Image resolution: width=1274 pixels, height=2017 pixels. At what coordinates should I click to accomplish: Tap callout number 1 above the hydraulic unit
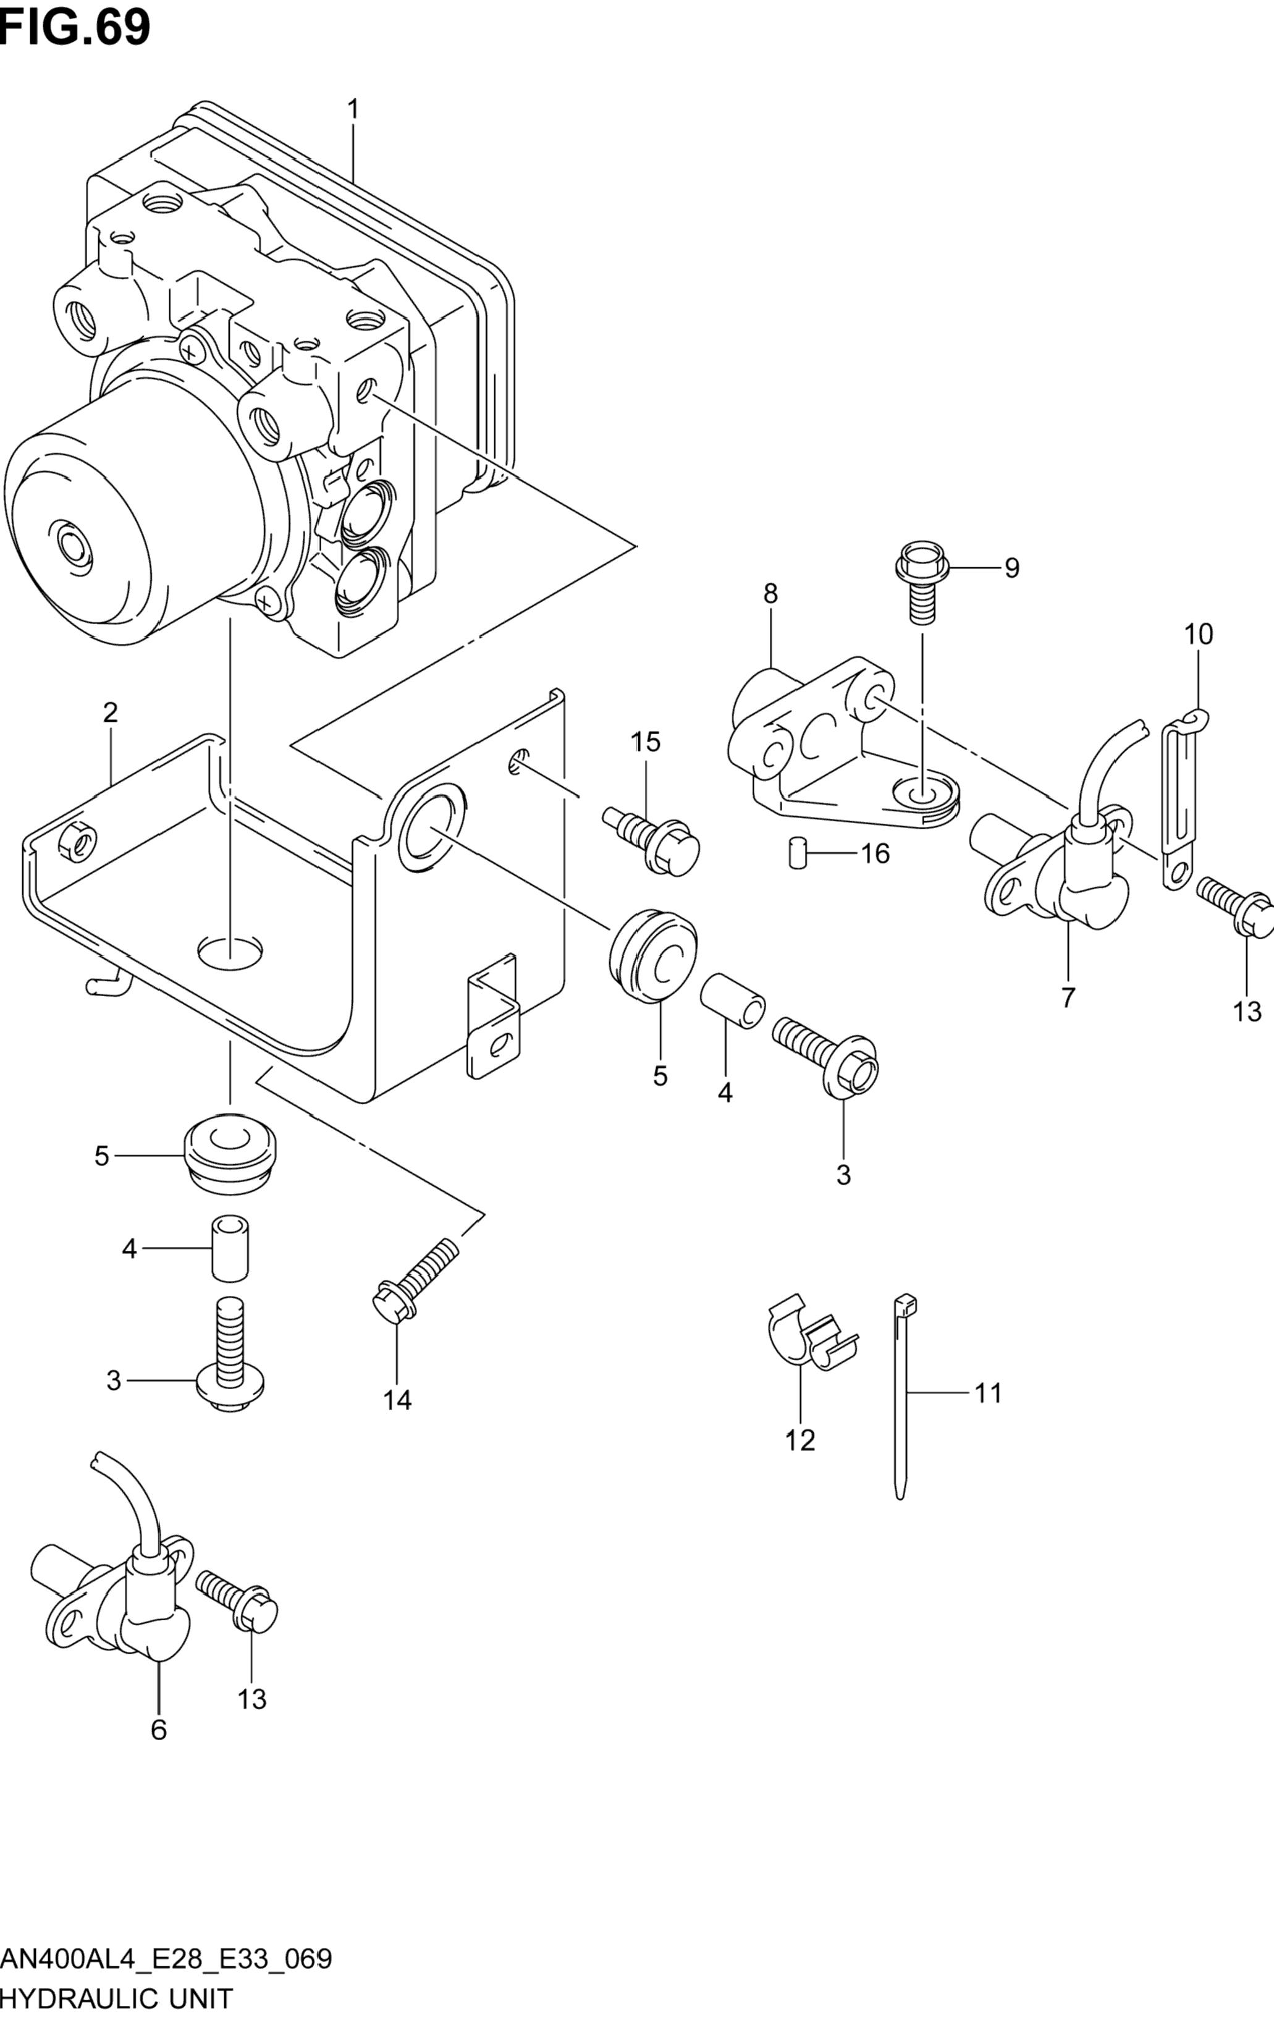(353, 109)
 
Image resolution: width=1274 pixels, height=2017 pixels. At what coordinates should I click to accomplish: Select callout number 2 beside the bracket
(111, 713)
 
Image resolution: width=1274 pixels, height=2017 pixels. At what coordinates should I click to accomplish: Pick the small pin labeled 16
(796, 853)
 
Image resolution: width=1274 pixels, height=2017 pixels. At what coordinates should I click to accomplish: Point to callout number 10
(1199, 634)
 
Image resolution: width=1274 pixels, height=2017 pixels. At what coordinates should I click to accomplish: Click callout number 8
(770, 594)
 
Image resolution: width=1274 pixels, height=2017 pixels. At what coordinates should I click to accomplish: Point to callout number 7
(1068, 999)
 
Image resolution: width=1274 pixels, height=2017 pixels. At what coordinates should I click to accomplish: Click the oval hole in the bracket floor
(229, 949)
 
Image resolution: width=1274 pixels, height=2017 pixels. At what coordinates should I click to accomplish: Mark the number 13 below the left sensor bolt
(251, 1699)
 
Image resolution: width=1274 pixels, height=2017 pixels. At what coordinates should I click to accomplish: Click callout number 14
(398, 1400)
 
